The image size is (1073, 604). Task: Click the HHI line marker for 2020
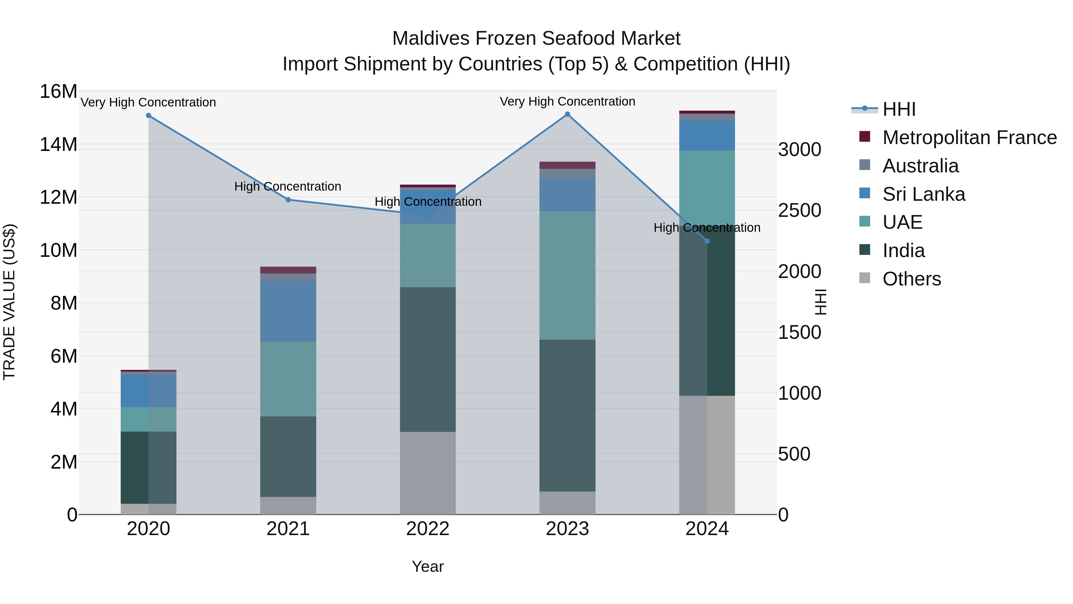[x=149, y=115]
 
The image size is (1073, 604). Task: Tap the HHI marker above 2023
[x=567, y=114]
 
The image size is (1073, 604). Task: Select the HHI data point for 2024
[x=707, y=241]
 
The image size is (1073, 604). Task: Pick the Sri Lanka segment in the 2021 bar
[x=288, y=311]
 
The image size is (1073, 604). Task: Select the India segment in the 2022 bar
[x=428, y=359]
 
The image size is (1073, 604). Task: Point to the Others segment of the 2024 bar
[x=707, y=455]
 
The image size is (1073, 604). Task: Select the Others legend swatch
[x=865, y=278]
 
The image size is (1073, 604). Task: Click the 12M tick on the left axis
[x=58, y=197]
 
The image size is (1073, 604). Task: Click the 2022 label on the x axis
[x=428, y=529]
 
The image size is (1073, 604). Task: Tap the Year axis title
[x=428, y=566]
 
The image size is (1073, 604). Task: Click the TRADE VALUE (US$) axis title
[x=9, y=302]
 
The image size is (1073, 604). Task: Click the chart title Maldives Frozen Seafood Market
[x=536, y=38]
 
